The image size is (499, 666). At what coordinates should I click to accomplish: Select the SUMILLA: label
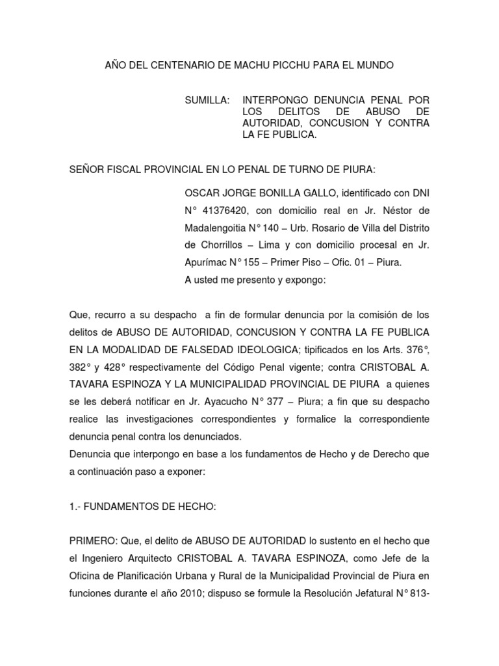point(208,100)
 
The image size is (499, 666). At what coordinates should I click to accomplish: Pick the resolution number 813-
point(416,594)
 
